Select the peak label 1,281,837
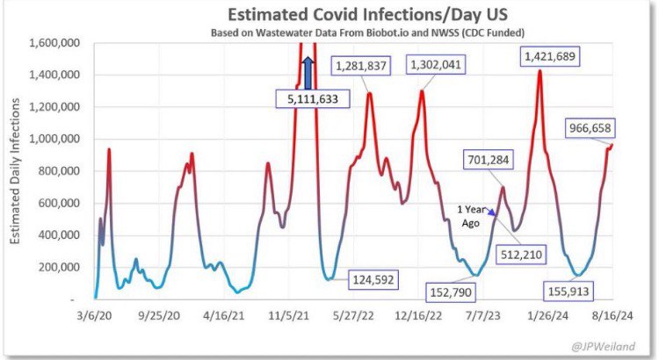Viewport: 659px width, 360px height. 363,65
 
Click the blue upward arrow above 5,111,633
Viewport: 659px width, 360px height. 308,72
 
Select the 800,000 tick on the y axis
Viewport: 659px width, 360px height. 59,170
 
